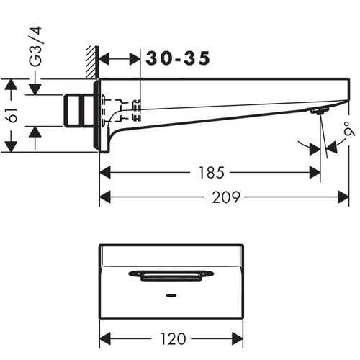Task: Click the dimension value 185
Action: tap(212, 173)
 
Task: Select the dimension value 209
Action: tap(226, 197)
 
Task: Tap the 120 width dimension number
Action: tap(173, 338)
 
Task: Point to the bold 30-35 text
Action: tap(178, 58)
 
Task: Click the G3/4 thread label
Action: tap(35, 46)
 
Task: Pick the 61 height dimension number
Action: tap(12, 116)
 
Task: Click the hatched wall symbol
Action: tap(93, 62)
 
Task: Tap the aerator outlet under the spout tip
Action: tap(319, 111)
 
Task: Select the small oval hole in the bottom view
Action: tap(171, 295)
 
